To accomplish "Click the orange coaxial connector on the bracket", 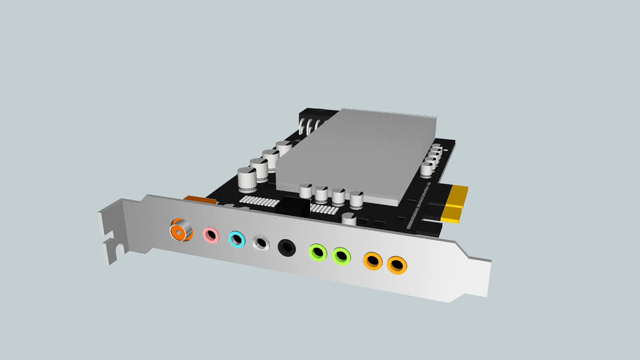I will point(181,229).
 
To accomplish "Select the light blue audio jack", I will point(237,239).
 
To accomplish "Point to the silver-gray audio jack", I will point(261,243).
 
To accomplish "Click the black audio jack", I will point(286,247).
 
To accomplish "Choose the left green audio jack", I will point(319,251).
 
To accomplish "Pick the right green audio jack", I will point(342,255).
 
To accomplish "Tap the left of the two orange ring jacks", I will point(373,261).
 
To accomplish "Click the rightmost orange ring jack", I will point(397,265).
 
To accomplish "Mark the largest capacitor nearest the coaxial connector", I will point(247,179).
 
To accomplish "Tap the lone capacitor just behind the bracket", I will point(349,219).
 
